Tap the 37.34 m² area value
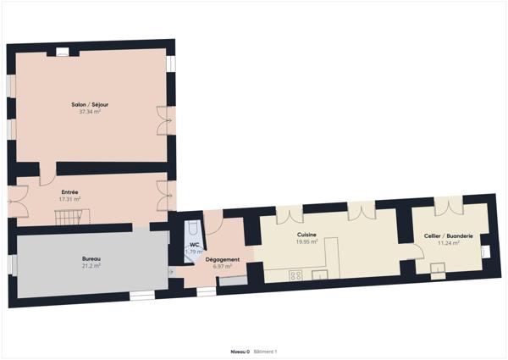click(x=91, y=112)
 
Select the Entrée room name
click(x=69, y=191)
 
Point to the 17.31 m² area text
click(x=69, y=199)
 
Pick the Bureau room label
click(x=91, y=258)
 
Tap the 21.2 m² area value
click(x=91, y=266)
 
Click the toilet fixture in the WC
click(x=192, y=229)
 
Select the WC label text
click(x=194, y=244)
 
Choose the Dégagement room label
click(x=223, y=259)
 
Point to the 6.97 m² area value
click(x=223, y=267)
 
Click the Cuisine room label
click(x=306, y=235)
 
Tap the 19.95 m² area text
click(x=306, y=242)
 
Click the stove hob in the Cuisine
click(x=296, y=274)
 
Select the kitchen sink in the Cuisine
click(x=321, y=274)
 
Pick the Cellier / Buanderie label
click(x=449, y=235)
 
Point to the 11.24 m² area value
click(x=449, y=243)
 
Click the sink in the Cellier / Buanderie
click(x=438, y=270)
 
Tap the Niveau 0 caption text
click(x=240, y=351)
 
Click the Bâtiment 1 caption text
click(x=266, y=351)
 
